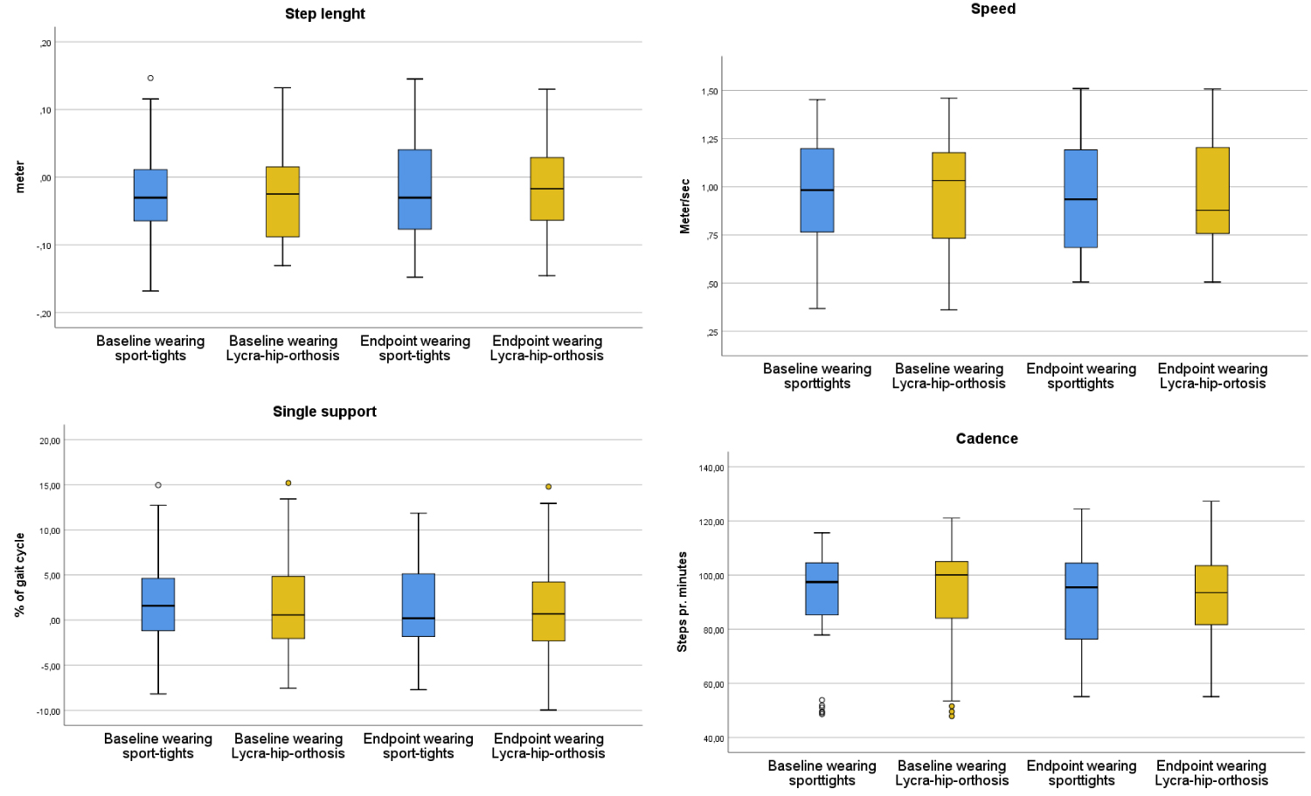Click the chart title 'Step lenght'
324,14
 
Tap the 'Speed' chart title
993,10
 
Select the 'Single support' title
324,412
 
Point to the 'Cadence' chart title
987,439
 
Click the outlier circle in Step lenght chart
150,79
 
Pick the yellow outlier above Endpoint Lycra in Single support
548,487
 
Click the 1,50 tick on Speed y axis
709,92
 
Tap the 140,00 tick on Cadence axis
711,468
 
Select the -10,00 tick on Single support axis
48,712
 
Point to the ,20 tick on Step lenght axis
45,44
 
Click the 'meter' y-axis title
19,177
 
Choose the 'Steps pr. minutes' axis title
683,602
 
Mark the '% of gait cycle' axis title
19,575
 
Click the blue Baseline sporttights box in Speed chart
816,190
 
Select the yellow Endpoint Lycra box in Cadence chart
1210,595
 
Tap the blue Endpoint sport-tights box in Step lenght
414,190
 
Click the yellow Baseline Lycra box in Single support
288,607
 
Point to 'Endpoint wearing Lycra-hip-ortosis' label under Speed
1212,377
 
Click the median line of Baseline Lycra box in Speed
948,181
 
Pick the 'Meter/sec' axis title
685,206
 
